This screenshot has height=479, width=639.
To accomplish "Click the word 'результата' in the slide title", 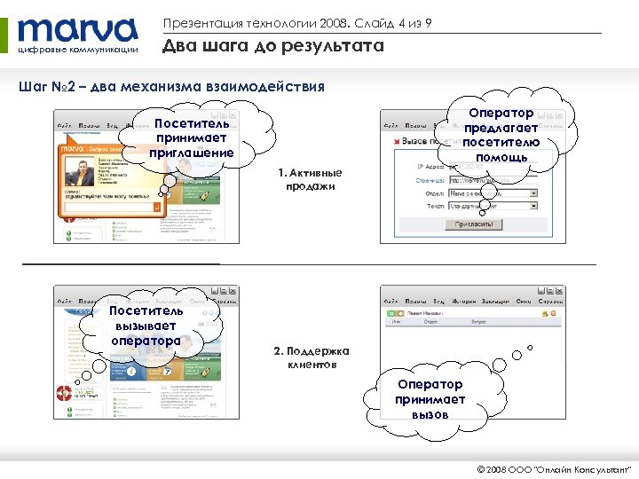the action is (x=333, y=46).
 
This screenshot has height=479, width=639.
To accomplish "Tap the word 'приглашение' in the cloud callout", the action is (x=192, y=153).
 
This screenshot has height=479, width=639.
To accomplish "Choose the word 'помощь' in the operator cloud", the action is (x=501, y=157).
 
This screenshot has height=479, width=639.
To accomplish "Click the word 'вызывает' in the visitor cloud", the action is (x=146, y=326).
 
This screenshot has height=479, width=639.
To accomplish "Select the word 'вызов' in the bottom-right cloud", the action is (x=430, y=414).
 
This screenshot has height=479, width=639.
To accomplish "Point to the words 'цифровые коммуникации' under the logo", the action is (x=78, y=50).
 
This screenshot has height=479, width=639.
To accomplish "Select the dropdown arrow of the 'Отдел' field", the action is (x=533, y=192).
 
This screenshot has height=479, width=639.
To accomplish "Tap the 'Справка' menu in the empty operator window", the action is (x=551, y=302).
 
